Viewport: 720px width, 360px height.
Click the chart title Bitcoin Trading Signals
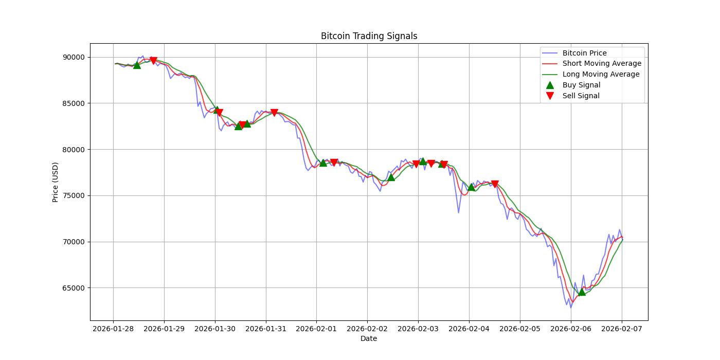click(369, 36)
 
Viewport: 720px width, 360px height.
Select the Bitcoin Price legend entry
click(584, 53)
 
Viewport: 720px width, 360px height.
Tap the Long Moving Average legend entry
click(601, 74)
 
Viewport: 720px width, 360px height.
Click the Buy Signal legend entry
click(581, 85)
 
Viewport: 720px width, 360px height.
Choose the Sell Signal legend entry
click(581, 96)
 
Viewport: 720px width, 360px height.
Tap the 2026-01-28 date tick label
click(113, 328)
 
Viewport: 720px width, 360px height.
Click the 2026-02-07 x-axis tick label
click(622, 328)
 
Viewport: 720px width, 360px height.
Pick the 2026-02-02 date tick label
click(367, 328)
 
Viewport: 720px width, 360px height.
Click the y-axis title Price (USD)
click(56, 182)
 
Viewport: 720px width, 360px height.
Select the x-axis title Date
click(369, 338)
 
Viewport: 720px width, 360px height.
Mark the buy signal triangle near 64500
click(582, 292)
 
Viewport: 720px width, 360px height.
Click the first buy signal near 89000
click(137, 65)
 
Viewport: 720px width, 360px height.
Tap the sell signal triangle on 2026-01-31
click(274, 113)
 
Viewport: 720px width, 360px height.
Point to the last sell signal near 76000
click(495, 184)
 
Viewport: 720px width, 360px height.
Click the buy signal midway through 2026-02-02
click(391, 177)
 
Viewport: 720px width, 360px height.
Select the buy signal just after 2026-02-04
click(471, 187)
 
